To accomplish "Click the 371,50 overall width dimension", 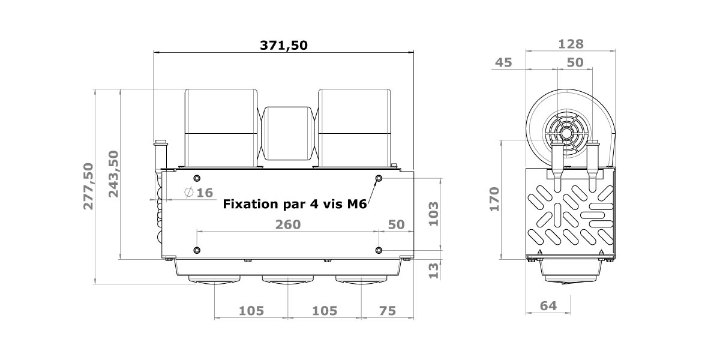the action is [283, 46].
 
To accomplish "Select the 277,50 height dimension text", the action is [88, 187].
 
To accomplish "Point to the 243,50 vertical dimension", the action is [113, 174].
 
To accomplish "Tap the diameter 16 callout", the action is [199, 193].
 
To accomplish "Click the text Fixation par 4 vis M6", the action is [295, 204].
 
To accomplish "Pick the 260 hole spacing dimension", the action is [288, 224].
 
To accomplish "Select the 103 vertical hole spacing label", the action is [433, 214].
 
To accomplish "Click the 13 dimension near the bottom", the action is [433, 271].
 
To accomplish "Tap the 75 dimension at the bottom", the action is [388, 311].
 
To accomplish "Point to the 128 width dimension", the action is [571, 44].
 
